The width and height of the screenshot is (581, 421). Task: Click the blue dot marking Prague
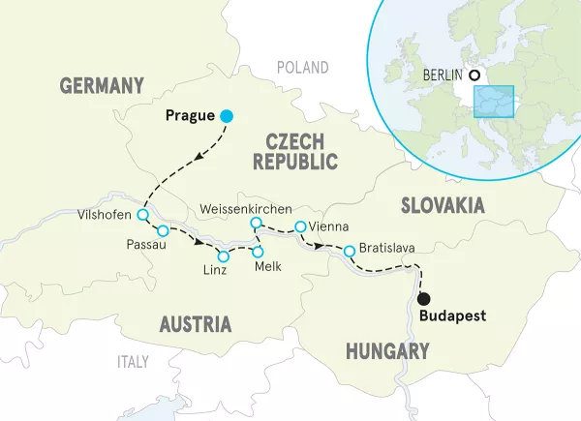(x=227, y=116)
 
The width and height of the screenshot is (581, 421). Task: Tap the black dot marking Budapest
(x=423, y=297)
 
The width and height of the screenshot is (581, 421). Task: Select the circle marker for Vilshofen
(x=142, y=215)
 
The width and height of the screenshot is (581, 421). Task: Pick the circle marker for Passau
(x=163, y=230)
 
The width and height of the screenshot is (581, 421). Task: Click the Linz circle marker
(x=224, y=256)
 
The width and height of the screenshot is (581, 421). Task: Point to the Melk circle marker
(x=258, y=252)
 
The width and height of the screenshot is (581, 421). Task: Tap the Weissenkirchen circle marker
(x=256, y=224)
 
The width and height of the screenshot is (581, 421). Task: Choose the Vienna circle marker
(x=300, y=226)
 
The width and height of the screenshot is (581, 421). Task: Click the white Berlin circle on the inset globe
(x=474, y=75)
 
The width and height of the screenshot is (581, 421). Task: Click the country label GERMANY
(x=101, y=85)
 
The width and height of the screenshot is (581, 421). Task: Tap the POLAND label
(x=302, y=67)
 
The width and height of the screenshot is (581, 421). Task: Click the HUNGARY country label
(x=387, y=351)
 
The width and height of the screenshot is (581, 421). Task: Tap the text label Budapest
(x=452, y=316)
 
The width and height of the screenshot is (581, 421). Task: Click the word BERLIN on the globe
(x=443, y=75)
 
